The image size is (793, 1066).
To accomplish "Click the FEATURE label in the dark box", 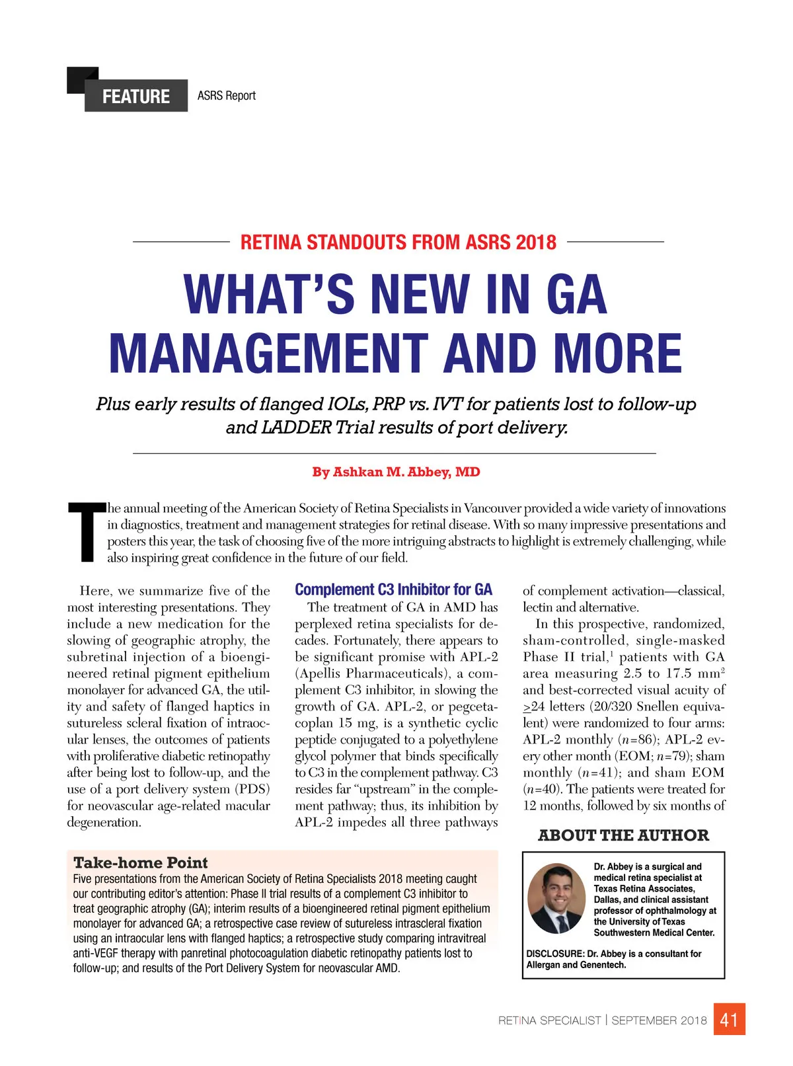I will pos(135,96).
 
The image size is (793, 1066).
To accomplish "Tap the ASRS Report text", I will pos(226,96).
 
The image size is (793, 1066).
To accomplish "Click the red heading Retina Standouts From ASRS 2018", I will pos(398,243).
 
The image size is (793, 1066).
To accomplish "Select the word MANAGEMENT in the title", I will pos(270,353).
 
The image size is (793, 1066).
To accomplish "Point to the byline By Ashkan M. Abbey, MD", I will pos(396,472).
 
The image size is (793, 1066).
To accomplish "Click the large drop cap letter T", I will pos(86,533).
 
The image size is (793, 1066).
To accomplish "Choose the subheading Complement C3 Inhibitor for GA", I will pos(393,590).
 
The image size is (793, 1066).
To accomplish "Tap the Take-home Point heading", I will pos(141,862).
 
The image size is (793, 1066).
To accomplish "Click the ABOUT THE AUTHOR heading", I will pos(623,835).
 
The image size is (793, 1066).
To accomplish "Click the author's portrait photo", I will pos(556,899).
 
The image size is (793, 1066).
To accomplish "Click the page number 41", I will pos(729,1020).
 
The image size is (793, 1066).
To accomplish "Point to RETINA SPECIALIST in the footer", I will pos(549,1020).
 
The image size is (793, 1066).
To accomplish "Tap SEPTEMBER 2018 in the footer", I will pos(659,1020).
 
